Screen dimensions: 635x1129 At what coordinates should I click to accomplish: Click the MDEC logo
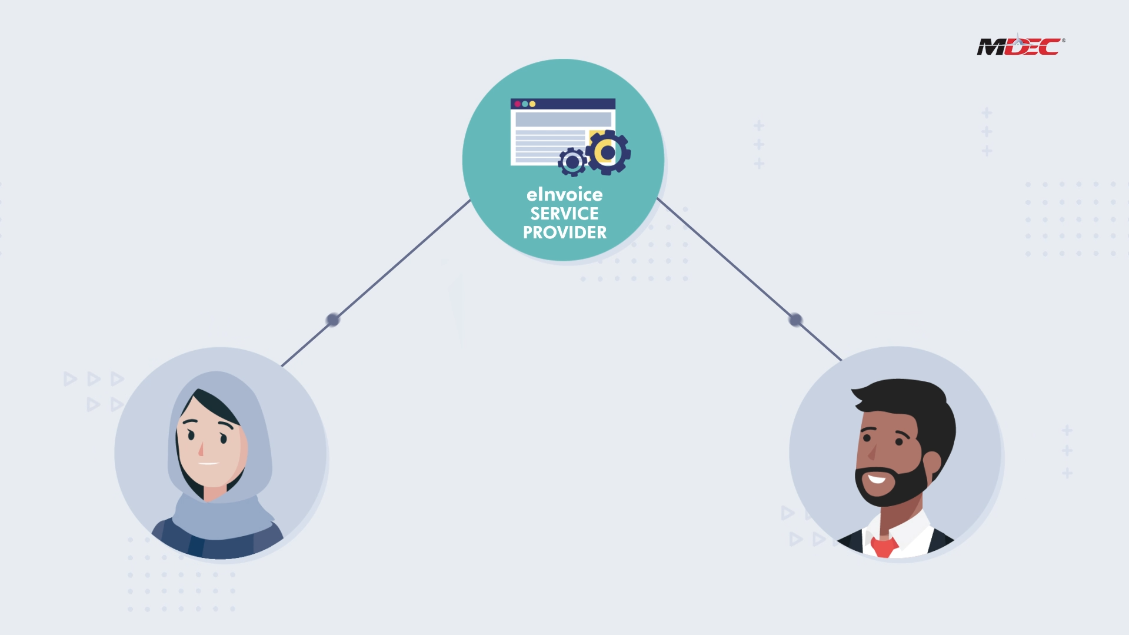1020,46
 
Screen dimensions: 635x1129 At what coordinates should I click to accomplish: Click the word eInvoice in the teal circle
564,195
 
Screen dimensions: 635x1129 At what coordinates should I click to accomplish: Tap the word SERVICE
564,214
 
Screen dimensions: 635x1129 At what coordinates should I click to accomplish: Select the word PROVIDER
564,232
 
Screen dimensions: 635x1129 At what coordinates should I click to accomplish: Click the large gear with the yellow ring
608,152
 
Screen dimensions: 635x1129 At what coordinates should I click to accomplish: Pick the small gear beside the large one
572,162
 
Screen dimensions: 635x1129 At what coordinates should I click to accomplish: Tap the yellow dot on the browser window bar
532,104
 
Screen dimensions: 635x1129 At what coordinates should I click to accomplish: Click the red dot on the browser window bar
517,104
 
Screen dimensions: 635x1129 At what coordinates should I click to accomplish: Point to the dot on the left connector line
333,320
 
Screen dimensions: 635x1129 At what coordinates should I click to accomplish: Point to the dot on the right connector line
795,320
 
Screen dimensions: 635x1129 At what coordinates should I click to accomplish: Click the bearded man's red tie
884,546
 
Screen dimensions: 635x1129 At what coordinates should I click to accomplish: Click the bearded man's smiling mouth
877,479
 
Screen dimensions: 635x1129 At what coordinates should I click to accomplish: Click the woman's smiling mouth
208,464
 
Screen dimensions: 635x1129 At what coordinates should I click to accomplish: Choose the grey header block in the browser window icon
563,119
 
